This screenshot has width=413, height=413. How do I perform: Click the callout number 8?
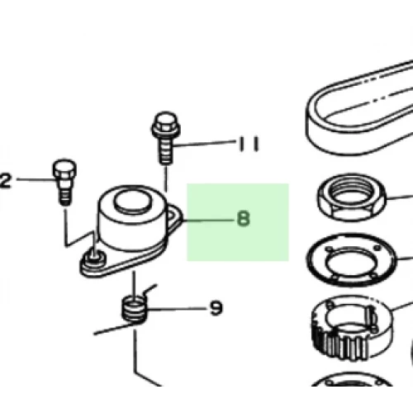click(x=244, y=219)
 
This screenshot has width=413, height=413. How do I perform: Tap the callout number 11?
click(x=249, y=144)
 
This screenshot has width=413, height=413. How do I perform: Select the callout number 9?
click(x=216, y=308)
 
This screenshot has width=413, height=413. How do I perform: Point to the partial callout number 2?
click(x=6, y=181)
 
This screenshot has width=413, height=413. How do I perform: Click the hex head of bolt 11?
click(x=166, y=126)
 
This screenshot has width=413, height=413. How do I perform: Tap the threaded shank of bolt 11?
click(x=166, y=151)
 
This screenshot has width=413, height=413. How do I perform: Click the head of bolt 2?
click(x=64, y=169)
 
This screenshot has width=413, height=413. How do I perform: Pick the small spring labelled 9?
click(x=134, y=309)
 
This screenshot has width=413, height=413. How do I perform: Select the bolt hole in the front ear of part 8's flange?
click(x=93, y=259)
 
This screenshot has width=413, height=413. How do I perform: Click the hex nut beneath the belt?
click(x=351, y=197)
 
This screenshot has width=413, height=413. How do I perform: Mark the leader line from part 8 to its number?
click(x=208, y=220)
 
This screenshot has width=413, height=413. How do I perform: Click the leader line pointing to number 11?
click(x=204, y=144)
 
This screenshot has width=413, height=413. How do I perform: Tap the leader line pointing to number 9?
click(x=177, y=309)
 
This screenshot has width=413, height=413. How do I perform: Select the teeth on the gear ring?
click(x=341, y=344)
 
